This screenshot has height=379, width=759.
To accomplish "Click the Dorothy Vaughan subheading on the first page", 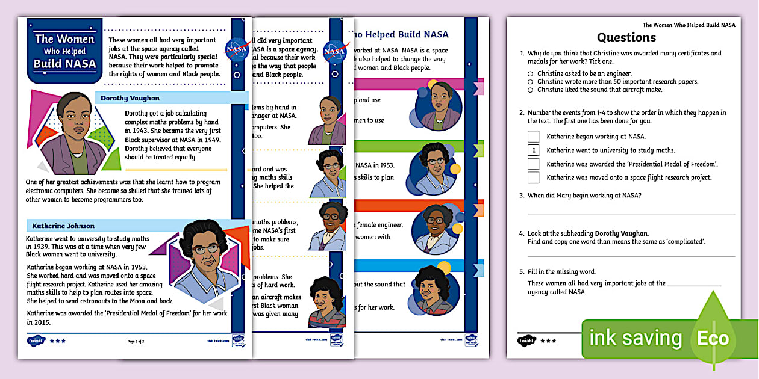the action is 130,98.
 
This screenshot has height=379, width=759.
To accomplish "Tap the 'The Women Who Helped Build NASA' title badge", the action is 64,51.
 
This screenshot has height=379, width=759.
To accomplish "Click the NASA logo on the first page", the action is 236,49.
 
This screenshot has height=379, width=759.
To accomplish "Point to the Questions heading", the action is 626,37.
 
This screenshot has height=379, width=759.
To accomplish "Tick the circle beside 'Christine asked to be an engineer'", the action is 530,74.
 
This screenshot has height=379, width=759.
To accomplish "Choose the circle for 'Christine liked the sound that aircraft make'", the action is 530,90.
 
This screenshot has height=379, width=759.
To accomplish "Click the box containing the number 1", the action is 533,150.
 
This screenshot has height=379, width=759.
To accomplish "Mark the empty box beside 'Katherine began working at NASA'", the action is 533,137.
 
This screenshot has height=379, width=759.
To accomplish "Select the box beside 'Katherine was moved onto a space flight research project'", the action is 533,177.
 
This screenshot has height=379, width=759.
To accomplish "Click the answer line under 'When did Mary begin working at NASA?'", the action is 631,213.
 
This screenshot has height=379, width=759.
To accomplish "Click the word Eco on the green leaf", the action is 713,338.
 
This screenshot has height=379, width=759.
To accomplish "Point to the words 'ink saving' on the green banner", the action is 635,338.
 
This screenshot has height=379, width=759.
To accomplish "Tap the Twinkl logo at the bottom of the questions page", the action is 525,340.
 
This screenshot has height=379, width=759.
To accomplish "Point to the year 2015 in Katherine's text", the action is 36,322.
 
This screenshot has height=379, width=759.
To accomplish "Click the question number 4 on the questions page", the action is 522,233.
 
